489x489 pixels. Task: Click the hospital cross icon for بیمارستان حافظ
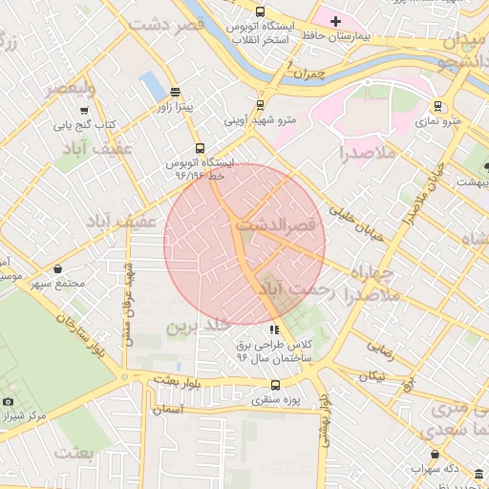coord(334,21)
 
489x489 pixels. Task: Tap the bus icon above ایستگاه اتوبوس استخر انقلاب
coord(261,11)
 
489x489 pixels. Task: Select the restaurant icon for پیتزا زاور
coord(174,93)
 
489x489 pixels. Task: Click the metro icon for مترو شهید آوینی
coord(260,106)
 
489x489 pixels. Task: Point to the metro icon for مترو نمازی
coord(437,106)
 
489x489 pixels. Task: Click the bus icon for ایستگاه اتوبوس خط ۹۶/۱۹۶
coord(199,148)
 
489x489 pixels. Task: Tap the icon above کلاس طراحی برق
coord(275,330)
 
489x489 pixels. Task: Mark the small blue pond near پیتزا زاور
coord(152,86)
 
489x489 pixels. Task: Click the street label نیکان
coord(372,375)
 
